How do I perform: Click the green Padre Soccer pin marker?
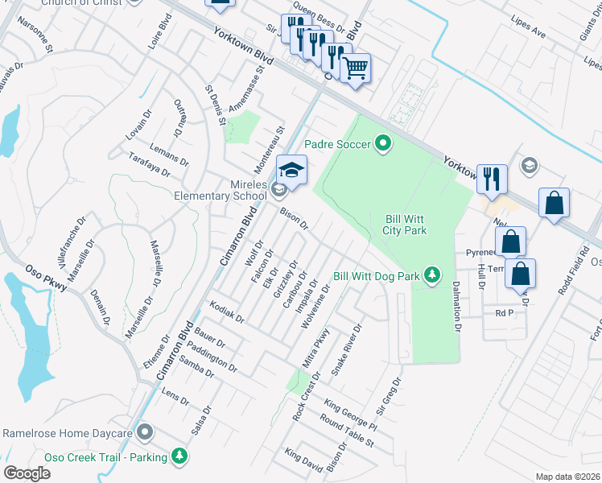[x=383, y=144]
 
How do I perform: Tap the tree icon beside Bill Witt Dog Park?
[x=432, y=276]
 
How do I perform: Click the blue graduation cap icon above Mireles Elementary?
[x=291, y=170]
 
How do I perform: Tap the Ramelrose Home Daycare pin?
[x=145, y=433]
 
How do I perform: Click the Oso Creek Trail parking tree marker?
[x=180, y=457]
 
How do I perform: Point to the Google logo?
[x=27, y=473]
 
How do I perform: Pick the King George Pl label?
[x=350, y=414]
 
